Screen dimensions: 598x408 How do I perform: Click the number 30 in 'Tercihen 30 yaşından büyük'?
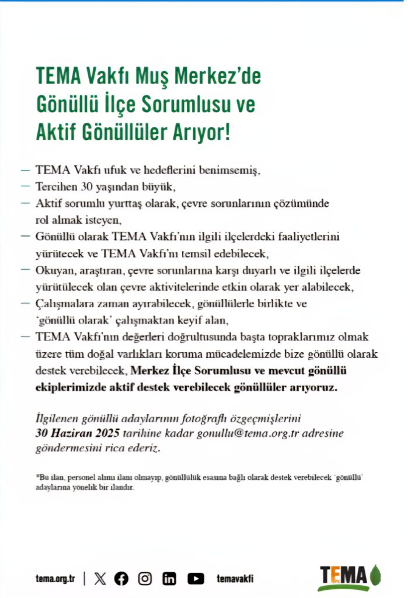[81, 187]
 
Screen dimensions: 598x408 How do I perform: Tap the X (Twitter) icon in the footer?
[100, 578]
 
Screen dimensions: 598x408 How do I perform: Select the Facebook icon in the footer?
[121, 578]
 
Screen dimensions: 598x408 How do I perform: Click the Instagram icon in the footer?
[145, 578]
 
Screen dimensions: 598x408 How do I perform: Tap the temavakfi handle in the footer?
[235, 578]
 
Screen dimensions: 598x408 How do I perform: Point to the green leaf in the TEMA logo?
[375, 574]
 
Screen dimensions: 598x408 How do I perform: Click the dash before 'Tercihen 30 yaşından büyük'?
[25, 187]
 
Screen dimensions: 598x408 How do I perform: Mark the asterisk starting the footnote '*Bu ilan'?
[37, 477]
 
